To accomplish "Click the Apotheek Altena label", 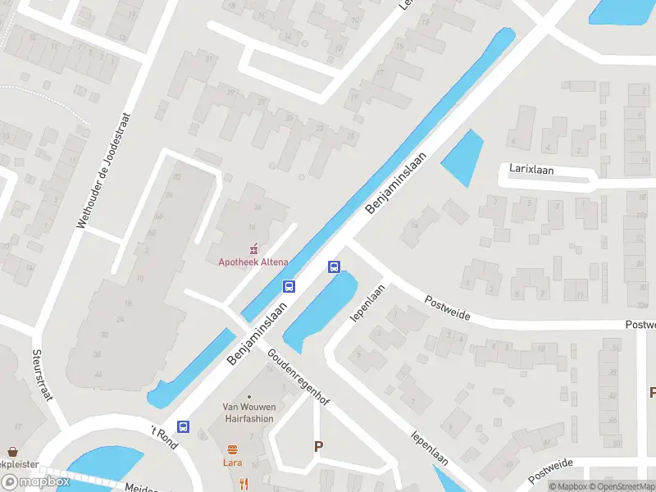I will [253, 262].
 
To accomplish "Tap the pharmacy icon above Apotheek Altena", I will [253, 247].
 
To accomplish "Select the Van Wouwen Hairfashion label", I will [248, 412].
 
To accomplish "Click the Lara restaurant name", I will [233, 462].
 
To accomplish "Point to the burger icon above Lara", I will [233, 449].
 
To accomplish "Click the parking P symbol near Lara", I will [318, 446].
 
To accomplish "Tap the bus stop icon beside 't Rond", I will [184, 426].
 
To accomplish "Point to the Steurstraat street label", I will [42, 376].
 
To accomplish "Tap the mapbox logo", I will [35, 482].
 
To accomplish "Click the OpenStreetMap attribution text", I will [626, 486].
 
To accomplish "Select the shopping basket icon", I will [12, 452].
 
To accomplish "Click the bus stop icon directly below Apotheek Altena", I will [289, 286].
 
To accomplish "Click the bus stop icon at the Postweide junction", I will [334, 266].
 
